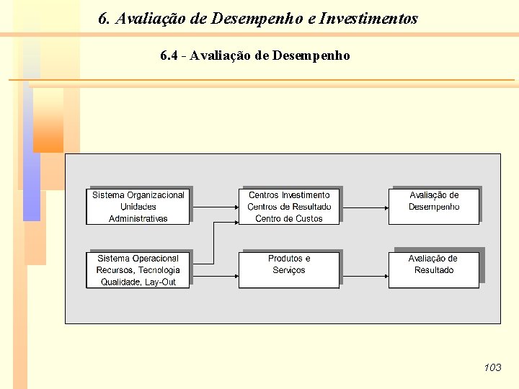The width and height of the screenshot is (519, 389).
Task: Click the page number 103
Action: point(492,367)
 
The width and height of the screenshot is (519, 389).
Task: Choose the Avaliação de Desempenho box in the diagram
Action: point(434,206)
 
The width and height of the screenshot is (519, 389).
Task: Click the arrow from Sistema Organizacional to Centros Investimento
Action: point(214,206)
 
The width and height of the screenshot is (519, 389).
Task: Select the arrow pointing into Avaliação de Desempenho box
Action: point(364,206)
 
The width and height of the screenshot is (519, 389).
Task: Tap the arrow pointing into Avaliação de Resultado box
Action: point(364,269)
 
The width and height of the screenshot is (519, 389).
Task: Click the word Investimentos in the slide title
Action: point(368,19)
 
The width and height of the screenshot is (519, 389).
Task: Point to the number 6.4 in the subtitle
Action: point(170,55)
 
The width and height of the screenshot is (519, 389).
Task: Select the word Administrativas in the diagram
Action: point(138,218)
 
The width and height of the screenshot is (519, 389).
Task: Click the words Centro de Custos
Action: point(289,218)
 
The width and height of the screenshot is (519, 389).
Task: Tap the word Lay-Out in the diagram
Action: point(160,282)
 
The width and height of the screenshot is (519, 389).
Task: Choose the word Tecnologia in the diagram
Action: point(159,270)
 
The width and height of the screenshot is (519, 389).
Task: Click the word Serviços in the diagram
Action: point(289,270)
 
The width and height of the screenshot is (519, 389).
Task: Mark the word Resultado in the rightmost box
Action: point(434,270)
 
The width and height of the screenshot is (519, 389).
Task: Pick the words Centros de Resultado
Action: point(289,207)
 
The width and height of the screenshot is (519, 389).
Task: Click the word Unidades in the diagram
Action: point(138,207)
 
